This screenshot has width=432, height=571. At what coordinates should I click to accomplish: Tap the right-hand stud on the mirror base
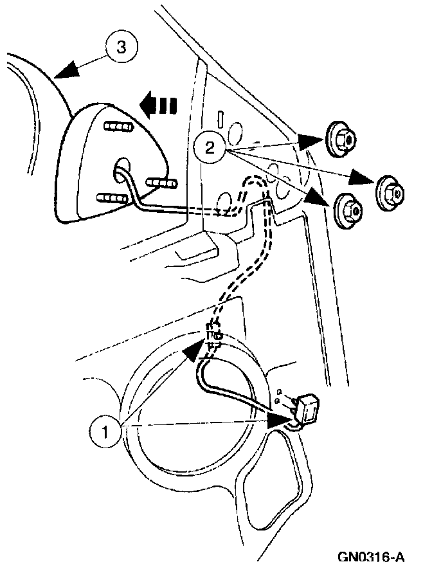(x=162, y=184)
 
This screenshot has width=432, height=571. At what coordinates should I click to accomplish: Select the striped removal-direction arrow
(x=157, y=104)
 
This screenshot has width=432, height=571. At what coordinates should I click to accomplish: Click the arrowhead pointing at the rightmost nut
(x=360, y=181)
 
